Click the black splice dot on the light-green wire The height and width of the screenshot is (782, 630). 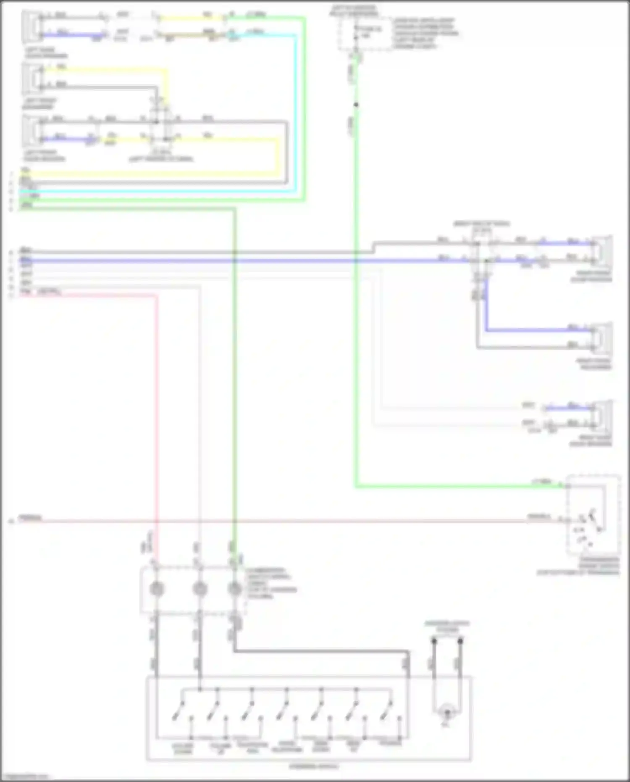(356, 105)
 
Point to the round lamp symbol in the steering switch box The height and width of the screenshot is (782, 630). (447, 712)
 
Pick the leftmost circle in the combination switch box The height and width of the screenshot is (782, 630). (157, 589)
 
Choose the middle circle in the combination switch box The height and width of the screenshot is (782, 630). (199, 589)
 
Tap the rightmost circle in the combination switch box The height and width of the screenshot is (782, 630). (235, 589)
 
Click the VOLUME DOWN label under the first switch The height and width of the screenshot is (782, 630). (183, 748)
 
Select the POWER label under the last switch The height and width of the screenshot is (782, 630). (390, 743)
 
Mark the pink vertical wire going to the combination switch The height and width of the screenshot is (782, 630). (157, 420)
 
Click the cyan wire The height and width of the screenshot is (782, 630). (168, 192)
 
